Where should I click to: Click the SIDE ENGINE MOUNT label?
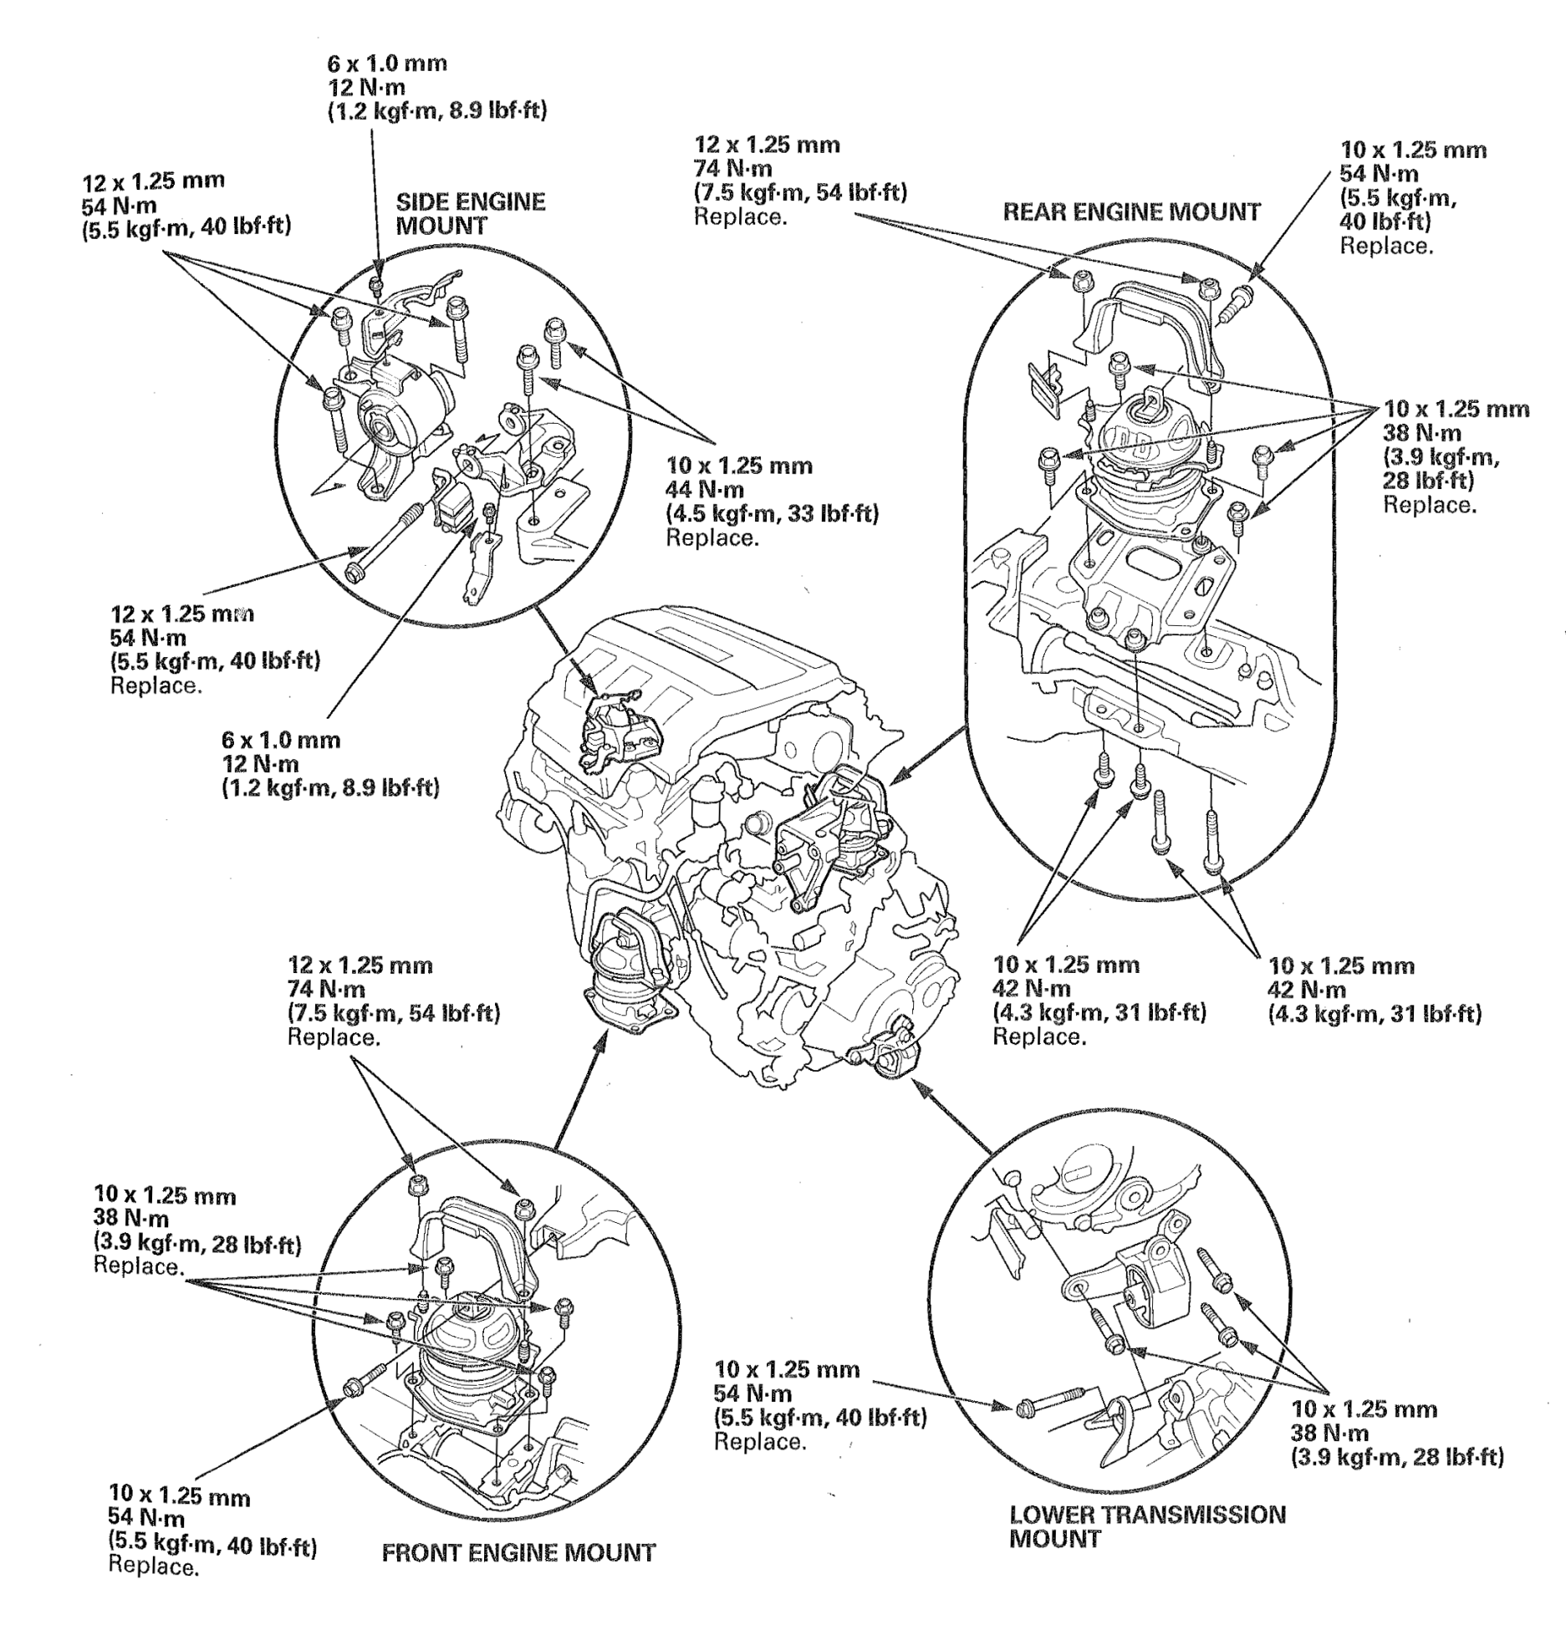(470, 214)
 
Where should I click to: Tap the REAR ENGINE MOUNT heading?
(1131, 212)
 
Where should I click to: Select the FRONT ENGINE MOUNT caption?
(518, 1553)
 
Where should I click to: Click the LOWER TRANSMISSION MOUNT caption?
(1147, 1526)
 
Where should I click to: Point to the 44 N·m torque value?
(704, 490)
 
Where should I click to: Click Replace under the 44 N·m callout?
(712, 537)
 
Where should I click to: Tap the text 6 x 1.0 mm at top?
(386, 63)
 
